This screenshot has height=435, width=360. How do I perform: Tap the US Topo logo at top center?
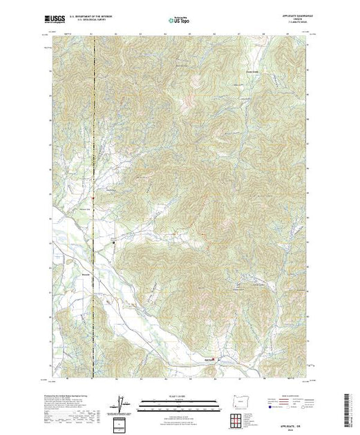point(180,21)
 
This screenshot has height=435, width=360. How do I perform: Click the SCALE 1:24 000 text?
point(180,396)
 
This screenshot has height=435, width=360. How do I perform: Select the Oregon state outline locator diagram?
point(237,400)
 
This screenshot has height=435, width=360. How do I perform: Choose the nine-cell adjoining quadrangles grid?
point(237,417)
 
